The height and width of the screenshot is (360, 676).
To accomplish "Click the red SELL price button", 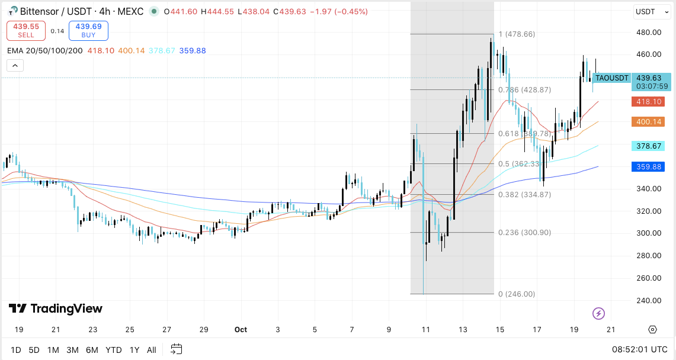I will click(x=26, y=31).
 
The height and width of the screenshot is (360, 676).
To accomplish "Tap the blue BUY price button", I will click(x=88, y=31).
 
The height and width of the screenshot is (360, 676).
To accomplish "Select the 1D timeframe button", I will click(x=16, y=350).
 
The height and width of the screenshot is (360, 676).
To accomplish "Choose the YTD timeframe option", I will click(x=112, y=350).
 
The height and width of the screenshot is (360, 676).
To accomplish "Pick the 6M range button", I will click(x=92, y=350).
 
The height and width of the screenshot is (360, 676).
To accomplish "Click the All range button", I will click(x=152, y=350).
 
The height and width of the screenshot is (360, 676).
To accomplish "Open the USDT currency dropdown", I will click(x=650, y=11).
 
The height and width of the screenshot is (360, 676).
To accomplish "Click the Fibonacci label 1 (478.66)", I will click(x=517, y=34).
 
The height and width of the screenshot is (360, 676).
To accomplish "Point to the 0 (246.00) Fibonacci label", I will click(x=517, y=294).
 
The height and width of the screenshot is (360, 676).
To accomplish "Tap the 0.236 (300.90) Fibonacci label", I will click(x=524, y=233).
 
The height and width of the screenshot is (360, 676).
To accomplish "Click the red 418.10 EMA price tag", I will click(x=648, y=102).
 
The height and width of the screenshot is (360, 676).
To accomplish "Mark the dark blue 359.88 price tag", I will click(x=648, y=167).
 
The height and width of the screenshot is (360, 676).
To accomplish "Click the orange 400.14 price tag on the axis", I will click(x=648, y=122).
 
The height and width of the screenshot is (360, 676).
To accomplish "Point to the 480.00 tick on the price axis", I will click(x=648, y=32).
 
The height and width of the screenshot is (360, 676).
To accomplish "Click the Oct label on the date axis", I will click(x=241, y=329).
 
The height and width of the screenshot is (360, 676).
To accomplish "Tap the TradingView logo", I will click(x=56, y=308).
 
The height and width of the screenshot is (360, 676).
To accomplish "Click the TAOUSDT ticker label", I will click(x=611, y=78).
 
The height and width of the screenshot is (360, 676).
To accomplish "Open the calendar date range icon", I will click(x=177, y=349).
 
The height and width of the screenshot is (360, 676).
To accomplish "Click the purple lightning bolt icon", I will click(x=598, y=313).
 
